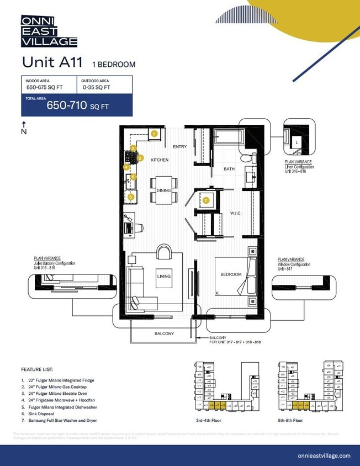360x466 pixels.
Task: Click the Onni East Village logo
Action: click(49, 31)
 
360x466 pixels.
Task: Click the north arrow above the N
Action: click(23, 124)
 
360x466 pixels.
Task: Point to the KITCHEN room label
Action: click(160, 160)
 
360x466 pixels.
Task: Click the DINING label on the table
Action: click(163, 190)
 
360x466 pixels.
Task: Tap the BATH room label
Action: click(229, 169)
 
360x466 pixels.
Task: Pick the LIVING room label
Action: click(164, 276)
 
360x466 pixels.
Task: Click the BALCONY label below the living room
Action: click(164, 333)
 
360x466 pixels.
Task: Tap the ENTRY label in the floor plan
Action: click(179, 147)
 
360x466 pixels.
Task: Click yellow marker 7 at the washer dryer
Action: click(206, 200)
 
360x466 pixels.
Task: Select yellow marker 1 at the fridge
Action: click(154, 133)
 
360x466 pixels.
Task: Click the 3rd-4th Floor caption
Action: click(209, 421)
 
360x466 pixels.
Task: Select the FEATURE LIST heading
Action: click(37, 369)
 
